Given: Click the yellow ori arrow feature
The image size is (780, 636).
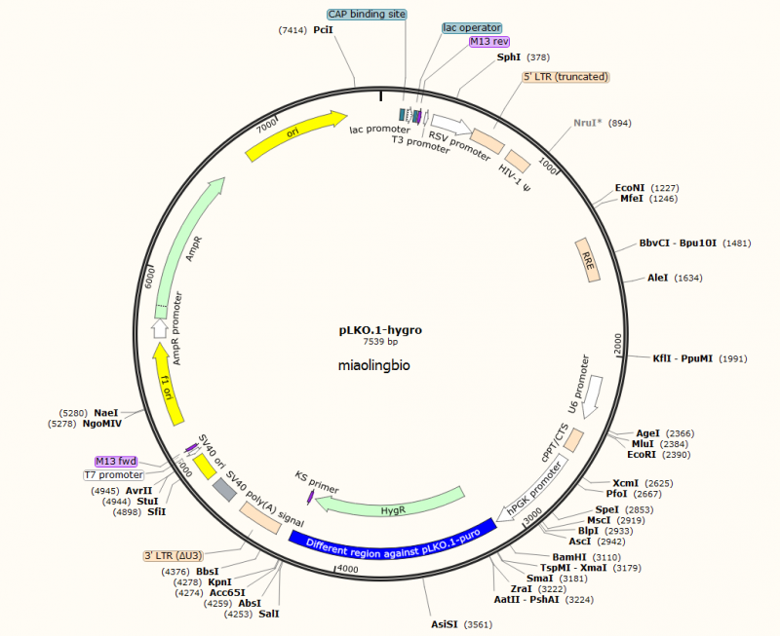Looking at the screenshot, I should coord(295,134).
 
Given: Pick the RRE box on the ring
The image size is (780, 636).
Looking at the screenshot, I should coord(587,261).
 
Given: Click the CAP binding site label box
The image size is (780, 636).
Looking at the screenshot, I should coord(366,15).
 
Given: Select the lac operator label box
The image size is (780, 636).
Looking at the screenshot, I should coord(472,28).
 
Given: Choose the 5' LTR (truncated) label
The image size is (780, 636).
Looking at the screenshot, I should coord(565,76).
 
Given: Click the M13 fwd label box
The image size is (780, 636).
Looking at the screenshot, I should coord(115,461).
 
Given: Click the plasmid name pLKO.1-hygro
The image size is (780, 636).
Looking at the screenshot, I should coord(380,330).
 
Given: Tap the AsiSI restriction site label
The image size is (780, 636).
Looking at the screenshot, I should coord(448,623).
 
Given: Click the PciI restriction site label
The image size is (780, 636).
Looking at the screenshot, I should coord(323,31).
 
